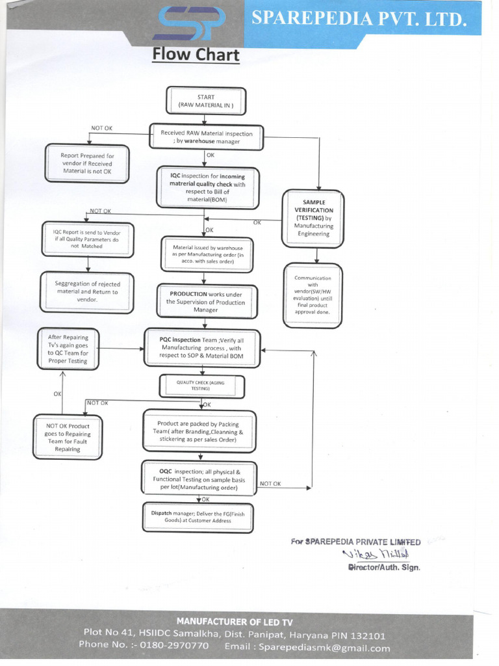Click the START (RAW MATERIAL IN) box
[x=206, y=101]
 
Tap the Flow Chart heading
[x=196, y=54]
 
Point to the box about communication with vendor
[x=313, y=295]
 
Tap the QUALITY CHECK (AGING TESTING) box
[x=202, y=386]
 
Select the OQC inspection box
[x=199, y=479]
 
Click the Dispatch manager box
[x=198, y=516]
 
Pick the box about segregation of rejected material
[x=86, y=291]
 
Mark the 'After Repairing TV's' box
[x=68, y=349]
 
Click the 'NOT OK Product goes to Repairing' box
[x=68, y=437]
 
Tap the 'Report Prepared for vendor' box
[x=87, y=163]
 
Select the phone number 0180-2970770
[x=179, y=645]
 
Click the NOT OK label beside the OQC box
[x=270, y=483]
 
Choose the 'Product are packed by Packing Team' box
[x=199, y=431]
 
